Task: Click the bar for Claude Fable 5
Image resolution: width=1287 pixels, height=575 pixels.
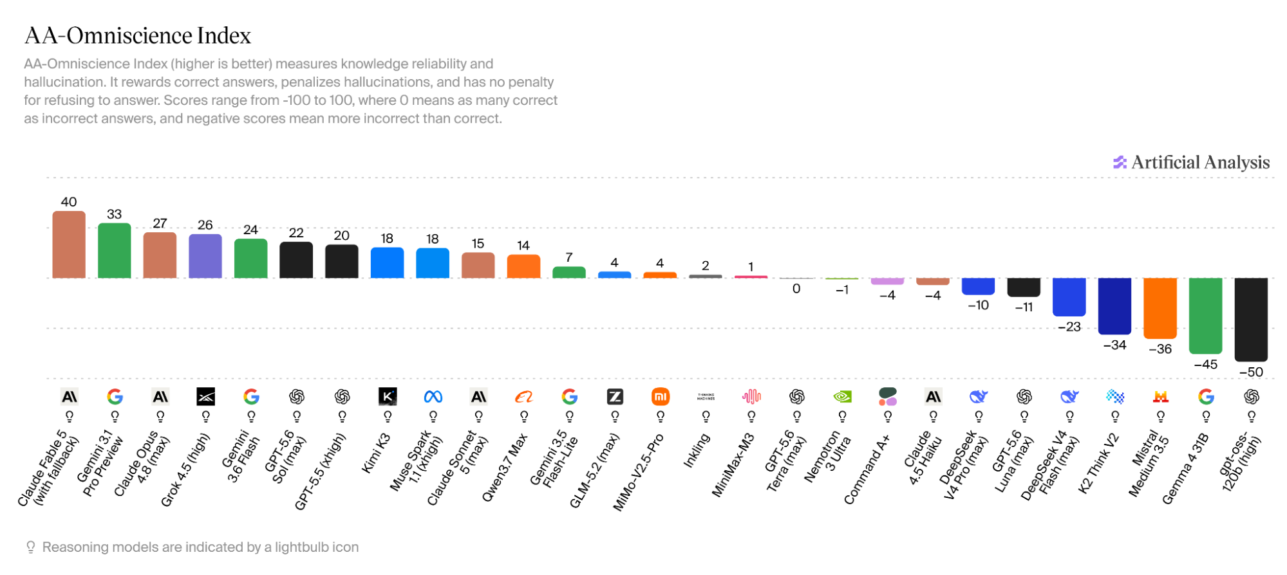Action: pyautogui.click(x=69, y=244)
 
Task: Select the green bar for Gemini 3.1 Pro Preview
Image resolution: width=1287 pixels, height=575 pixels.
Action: pyautogui.click(x=115, y=251)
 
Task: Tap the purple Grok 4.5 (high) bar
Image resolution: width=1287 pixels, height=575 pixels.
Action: pyautogui.click(x=205, y=256)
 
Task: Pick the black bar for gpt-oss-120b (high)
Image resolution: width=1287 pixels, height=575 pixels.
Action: pyautogui.click(x=1251, y=320)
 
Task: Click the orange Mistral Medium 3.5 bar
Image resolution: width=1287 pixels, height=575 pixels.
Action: pyautogui.click(x=1160, y=308)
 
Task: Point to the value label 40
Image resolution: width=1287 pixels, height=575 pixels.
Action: pyautogui.click(x=69, y=202)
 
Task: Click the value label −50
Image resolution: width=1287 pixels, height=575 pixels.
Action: pyautogui.click(x=1251, y=372)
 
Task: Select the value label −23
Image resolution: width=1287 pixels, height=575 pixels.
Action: pyautogui.click(x=1069, y=327)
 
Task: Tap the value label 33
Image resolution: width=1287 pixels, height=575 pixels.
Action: pyautogui.click(x=115, y=214)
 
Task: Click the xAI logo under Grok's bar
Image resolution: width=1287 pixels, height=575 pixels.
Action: pyautogui.click(x=205, y=397)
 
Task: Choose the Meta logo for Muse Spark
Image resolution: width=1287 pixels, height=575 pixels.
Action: pyautogui.click(x=433, y=397)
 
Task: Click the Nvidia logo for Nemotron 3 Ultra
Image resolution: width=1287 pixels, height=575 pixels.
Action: pyautogui.click(x=842, y=397)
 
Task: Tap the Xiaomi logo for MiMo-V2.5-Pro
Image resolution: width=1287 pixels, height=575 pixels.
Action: pyautogui.click(x=661, y=397)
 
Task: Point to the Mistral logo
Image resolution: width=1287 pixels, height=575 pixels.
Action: pyautogui.click(x=1160, y=397)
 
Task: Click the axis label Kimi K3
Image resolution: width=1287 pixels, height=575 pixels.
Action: pyautogui.click(x=376, y=453)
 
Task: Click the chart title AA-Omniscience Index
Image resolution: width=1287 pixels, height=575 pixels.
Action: pyautogui.click(x=138, y=35)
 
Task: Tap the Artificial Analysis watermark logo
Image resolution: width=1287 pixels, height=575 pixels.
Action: pyautogui.click(x=1120, y=163)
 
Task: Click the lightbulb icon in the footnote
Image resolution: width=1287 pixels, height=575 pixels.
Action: pyautogui.click(x=30, y=547)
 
